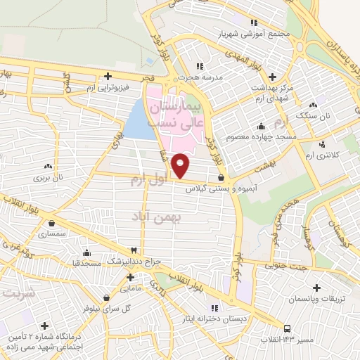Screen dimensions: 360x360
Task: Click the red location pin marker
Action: [x=181, y=166]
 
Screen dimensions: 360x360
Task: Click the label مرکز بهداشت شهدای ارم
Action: [x=269, y=88]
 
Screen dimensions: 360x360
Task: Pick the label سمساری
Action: [x=52, y=232]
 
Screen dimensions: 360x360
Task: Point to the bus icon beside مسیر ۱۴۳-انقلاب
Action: [x=288, y=328]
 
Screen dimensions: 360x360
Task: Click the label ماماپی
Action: [x=132, y=288]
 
